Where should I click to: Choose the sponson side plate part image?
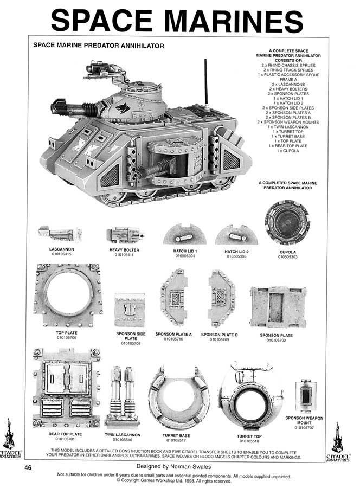(130, 310)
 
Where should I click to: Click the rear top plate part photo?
(66, 388)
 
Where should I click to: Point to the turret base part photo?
(178, 397)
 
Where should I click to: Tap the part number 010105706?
(67, 338)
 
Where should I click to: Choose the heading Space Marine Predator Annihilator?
(99, 46)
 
